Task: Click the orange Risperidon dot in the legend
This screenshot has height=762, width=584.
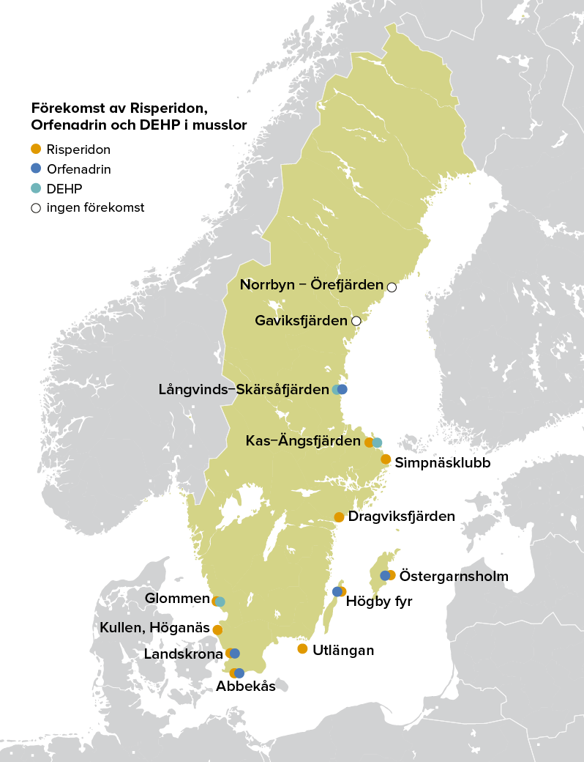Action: pyautogui.click(x=36, y=149)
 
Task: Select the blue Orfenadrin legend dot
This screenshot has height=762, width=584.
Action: pyautogui.click(x=36, y=169)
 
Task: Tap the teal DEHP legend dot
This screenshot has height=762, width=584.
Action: pyautogui.click(x=36, y=188)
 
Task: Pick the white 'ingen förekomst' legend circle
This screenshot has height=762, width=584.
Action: pyautogui.click(x=36, y=207)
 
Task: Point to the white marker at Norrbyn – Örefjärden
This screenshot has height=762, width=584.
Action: pyautogui.click(x=392, y=287)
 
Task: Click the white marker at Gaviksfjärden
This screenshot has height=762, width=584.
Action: pyautogui.click(x=356, y=321)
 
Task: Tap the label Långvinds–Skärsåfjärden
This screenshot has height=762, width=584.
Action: pyautogui.click(x=243, y=389)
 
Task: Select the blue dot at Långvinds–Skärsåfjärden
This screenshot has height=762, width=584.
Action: pyautogui.click(x=342, y=389)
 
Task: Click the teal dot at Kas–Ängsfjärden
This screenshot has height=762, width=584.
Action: pyautogui.click(x=378, y=443)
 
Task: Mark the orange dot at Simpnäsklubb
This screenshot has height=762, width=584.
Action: pyautogui.click(x=386, y=459)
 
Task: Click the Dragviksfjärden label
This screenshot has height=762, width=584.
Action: pyautogui.click(x=401, y=517)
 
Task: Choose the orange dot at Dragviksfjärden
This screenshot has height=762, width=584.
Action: pyautogui.click(x=339, y=517)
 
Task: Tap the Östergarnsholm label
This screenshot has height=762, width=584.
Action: pyautogui.click(x=454, y=576)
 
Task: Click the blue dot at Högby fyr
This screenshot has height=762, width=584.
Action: pyautogui.click(x=337, y=591)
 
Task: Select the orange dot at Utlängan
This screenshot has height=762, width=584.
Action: pyautogui.click(x=302, y=648)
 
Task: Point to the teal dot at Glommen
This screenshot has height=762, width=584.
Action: pyautogui.click(x=221, y=602)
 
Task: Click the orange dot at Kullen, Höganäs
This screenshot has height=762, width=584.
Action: pyautogui.click(x=217, y=629)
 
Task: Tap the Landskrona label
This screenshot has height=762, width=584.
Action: pyautogui.click(x=183, y=654)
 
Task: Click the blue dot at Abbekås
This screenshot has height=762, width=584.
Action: pyautogui.click(x=239, y=673)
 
